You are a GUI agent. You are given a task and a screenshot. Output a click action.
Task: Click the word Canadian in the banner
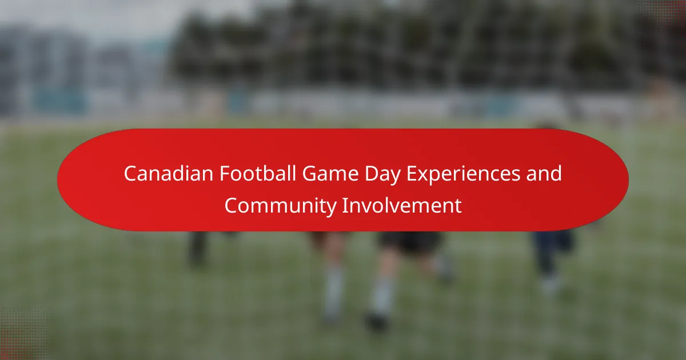[169, 174]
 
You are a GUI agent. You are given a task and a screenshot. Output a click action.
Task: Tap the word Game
[330, 174]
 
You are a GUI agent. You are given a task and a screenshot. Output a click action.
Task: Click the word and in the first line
[544, 173]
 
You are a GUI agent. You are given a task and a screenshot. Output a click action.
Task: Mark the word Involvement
[402, 205]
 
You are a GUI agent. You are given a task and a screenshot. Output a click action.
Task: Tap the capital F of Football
[225, 174]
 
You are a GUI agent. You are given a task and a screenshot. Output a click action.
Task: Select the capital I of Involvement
[344, 205]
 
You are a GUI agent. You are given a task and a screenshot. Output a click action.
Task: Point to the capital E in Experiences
[412, 174]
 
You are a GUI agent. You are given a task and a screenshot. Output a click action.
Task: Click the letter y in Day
[395, 178]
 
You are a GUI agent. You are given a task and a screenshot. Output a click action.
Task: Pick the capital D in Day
[372, 174]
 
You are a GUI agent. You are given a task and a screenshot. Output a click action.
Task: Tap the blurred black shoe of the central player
[377, 322]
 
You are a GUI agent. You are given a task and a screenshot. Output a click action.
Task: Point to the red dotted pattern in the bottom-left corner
[25, 334]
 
